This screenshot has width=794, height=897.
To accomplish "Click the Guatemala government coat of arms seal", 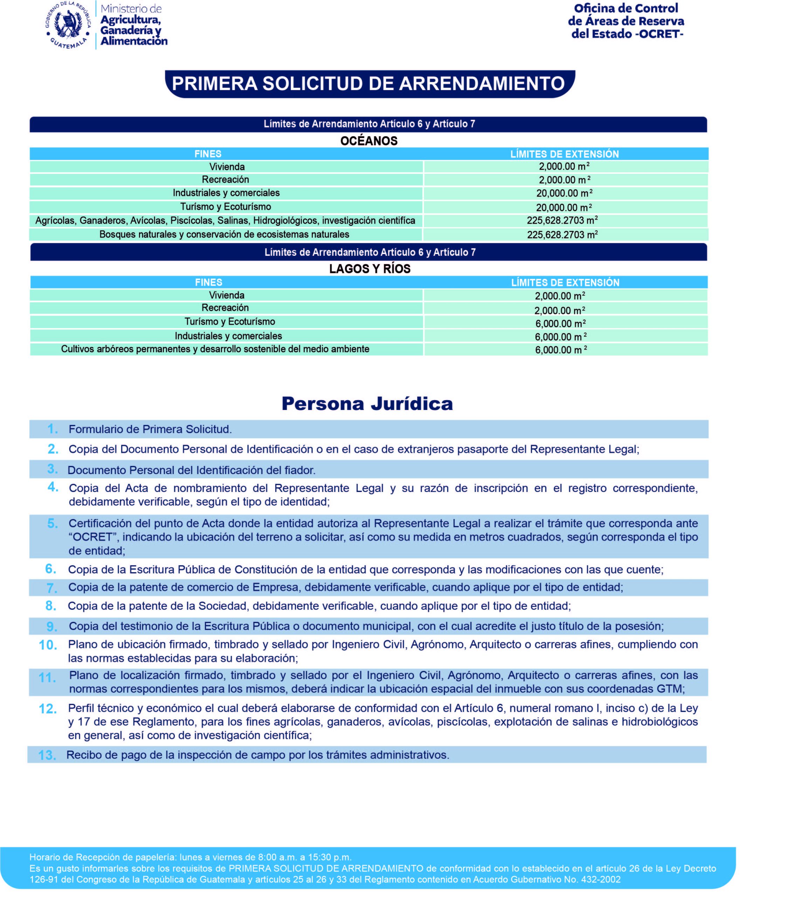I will [x=68, y=25].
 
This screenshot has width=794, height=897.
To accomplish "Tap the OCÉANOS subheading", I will [x=368, y=141].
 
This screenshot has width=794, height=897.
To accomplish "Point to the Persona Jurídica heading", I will [x=367, y=404].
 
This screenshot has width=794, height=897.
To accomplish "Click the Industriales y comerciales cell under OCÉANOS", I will [x=226, y=193].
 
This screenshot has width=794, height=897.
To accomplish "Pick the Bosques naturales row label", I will [x=224, y=234].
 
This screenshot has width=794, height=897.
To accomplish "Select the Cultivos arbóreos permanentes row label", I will [x=215, y=349].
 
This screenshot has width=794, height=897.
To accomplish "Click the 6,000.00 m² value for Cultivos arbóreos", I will [x=561, y=350].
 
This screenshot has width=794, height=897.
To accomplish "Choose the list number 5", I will [x=52, y=523].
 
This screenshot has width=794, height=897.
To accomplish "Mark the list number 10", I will [x=48, y=645].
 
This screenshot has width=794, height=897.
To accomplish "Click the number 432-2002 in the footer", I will [x=601, y=879].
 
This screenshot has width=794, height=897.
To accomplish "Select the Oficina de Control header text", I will [x=626, y=8].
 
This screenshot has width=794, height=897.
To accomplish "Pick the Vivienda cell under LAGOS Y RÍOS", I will [x=226, y=295].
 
